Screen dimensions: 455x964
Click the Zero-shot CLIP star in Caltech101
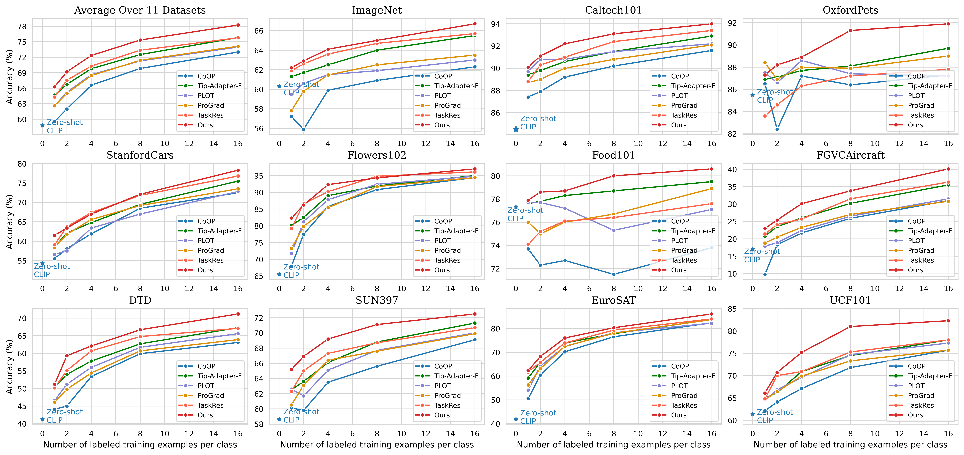(516, 129)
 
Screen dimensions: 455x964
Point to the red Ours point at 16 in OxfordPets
(948, 24)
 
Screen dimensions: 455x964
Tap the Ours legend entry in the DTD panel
(205, 415)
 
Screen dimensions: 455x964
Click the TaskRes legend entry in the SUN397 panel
(447, 405)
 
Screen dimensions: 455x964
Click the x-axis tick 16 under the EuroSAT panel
(711, 434)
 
